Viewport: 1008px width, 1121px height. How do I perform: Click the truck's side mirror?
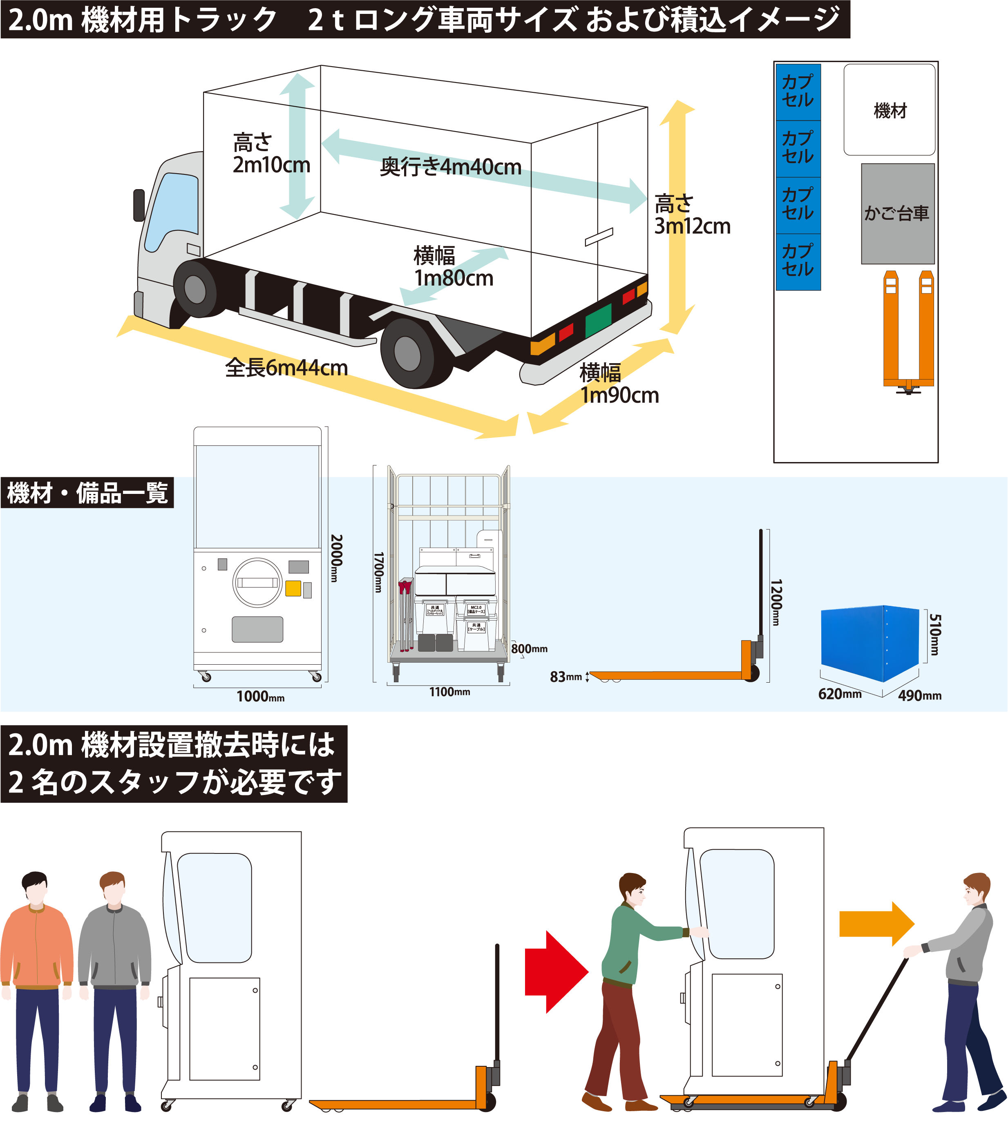point(139,205)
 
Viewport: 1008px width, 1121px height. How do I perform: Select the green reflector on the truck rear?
point(598,320)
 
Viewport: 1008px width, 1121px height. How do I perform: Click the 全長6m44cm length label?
point(286,368)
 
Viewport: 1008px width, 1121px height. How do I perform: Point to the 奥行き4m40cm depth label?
point(450,167)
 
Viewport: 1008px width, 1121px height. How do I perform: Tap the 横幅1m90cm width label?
point(619,384)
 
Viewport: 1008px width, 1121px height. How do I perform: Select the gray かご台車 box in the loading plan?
point(897,213)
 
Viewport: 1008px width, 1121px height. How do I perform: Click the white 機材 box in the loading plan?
point(890,109)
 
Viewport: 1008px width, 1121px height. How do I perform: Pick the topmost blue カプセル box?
point(798,92)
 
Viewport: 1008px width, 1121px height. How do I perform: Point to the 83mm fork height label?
point(565,677)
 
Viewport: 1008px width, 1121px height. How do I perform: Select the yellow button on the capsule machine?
point(293,588)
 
